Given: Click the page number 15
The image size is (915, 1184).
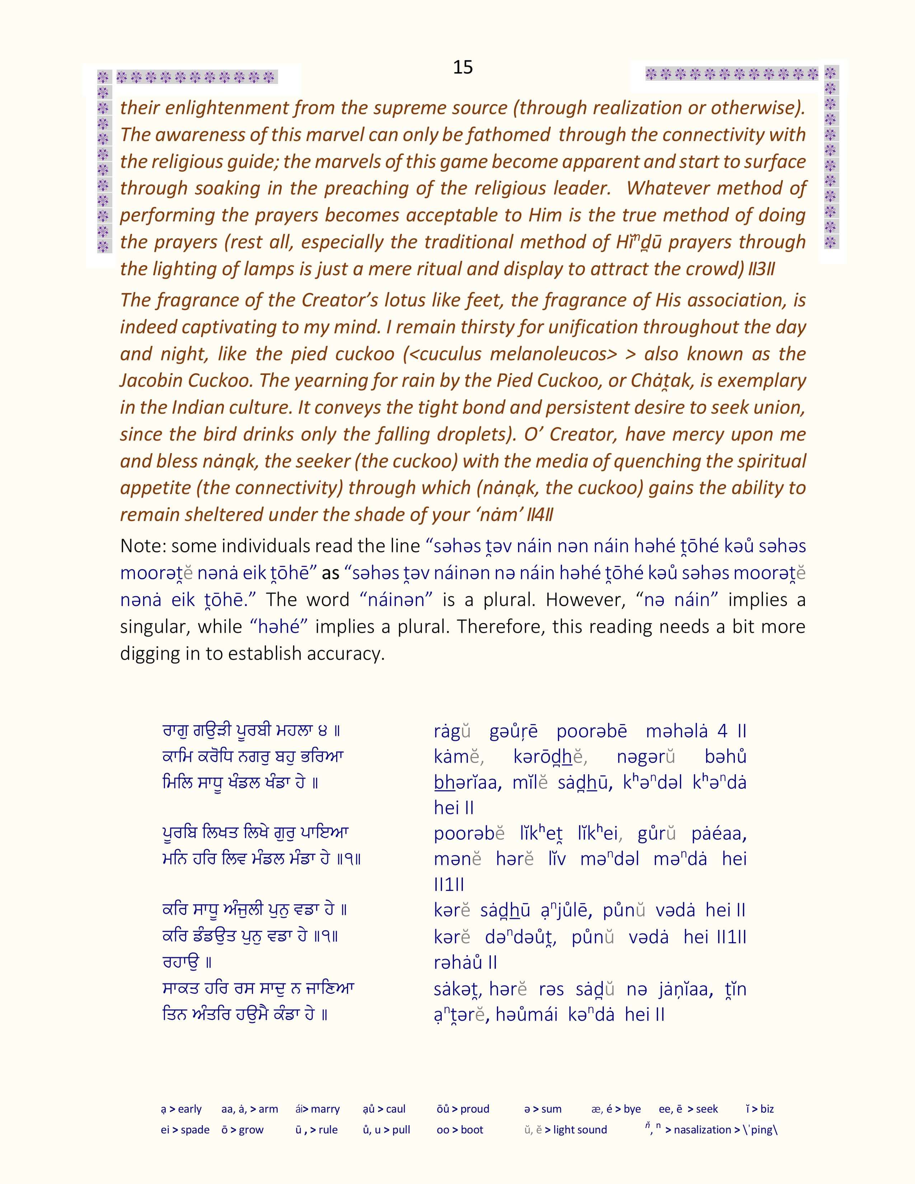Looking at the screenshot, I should coord(463,67).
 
